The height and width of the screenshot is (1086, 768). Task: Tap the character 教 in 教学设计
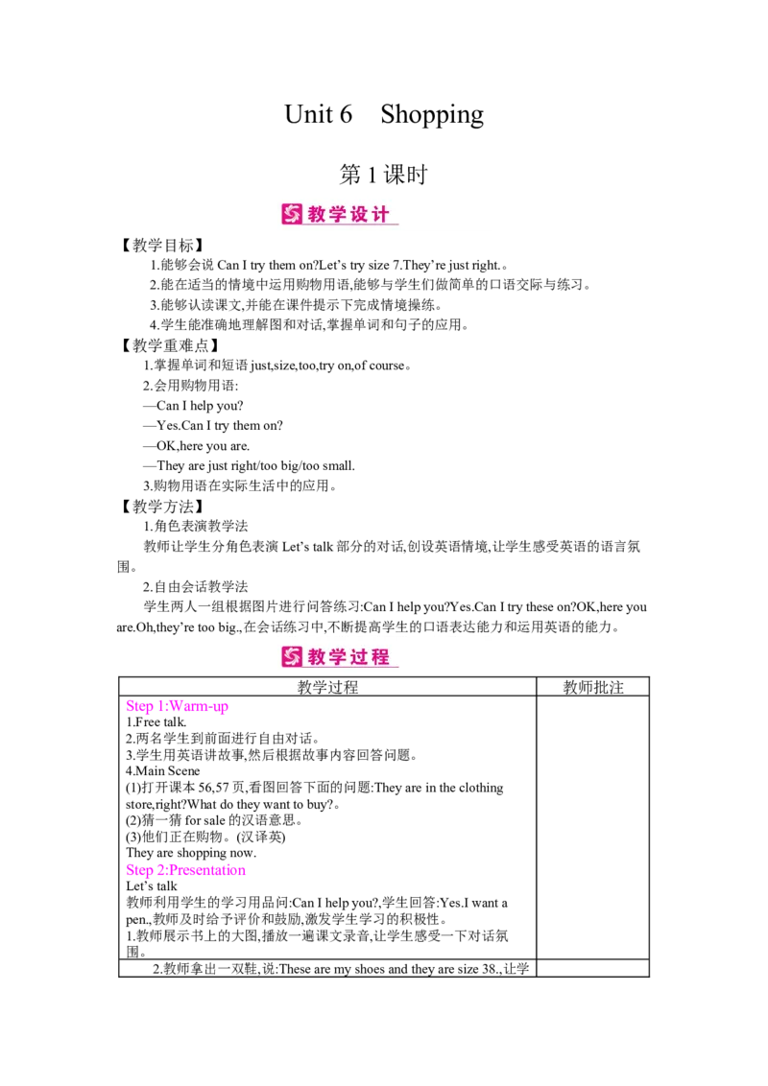(318, 215)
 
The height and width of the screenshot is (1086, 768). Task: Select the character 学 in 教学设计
(339, 215)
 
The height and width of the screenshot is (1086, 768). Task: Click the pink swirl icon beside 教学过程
(292, 656)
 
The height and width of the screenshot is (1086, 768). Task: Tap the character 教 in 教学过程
(318, 656)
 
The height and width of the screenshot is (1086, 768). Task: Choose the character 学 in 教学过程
(339, 656)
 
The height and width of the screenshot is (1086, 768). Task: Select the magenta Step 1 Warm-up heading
(177, 707)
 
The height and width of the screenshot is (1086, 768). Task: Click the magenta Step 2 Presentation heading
(186, 871)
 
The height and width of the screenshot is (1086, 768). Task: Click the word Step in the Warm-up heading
(137, 707)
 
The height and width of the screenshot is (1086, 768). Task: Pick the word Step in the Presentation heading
(137, 871)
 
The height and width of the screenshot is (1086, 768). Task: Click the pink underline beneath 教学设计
(351, 226)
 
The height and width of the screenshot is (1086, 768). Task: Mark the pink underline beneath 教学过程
(351, 668)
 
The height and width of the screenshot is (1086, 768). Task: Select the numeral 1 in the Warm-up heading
(156, 707)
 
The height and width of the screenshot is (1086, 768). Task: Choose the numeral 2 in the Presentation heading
(156, 871)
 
